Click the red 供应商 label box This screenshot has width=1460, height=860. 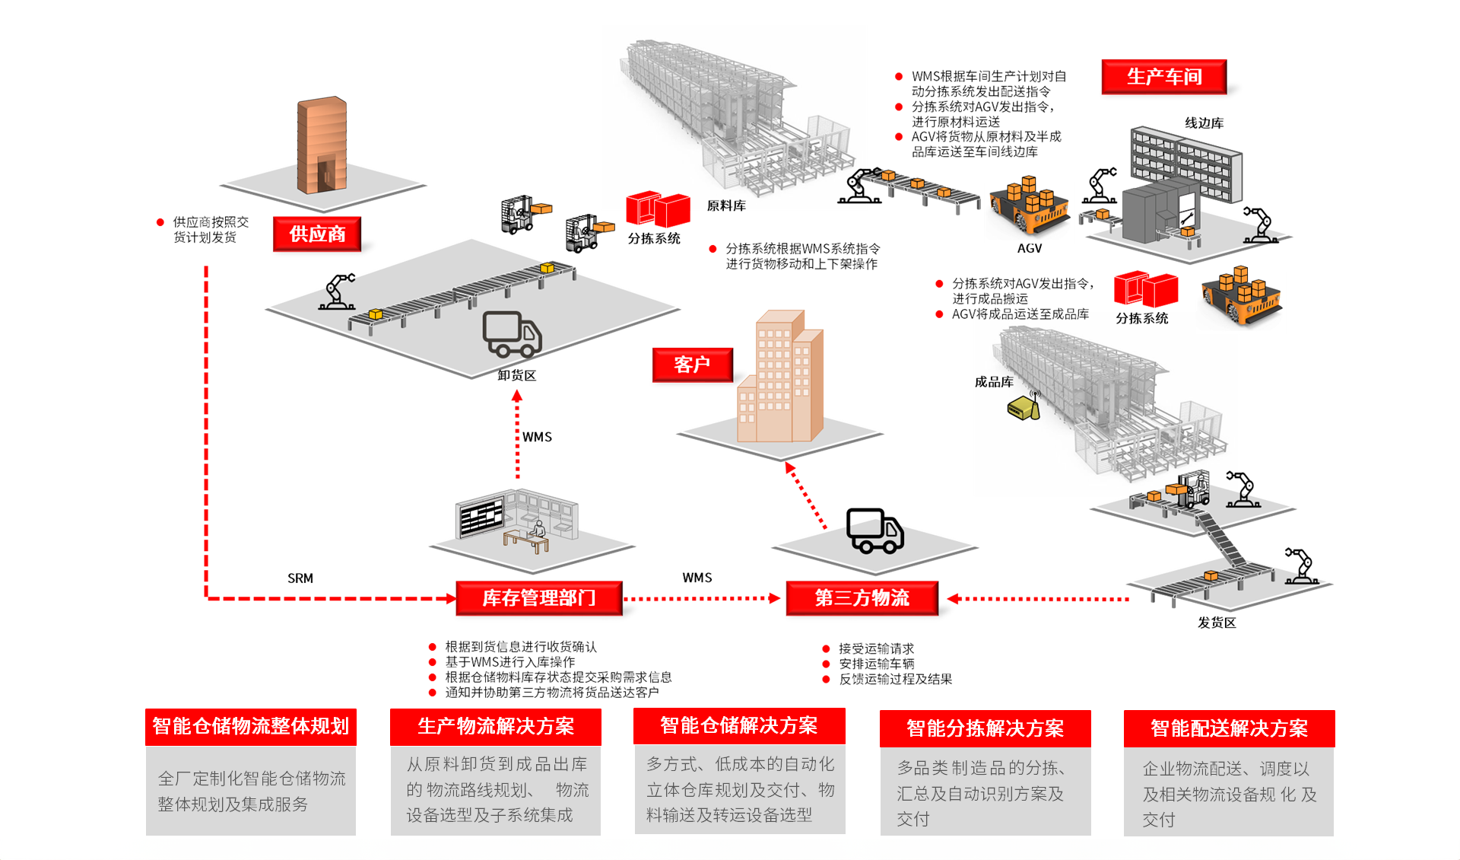coord(317,234)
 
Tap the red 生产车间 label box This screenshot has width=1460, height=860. coord(1163,77)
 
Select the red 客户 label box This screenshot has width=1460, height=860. coord(692,365)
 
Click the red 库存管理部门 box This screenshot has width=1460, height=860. coord(539,598)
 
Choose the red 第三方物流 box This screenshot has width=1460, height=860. coord(862,598)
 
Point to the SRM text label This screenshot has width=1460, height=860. coord(300,578)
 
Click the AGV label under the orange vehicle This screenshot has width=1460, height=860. coord(1030,248)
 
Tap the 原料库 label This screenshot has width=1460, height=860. coord(726,205)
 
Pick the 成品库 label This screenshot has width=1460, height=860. coord(994,382)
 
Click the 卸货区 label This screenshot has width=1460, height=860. coord(517,375)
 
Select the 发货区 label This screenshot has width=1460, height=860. coord(1217,623)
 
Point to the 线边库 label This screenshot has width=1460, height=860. coord(1204,123)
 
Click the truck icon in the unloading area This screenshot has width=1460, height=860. coord(512,335)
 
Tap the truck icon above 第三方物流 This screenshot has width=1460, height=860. coord(875,530)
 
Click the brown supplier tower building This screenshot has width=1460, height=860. coord(322,145)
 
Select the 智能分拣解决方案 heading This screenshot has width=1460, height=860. coord(985,728)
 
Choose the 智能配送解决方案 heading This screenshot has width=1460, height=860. coord(1229,728)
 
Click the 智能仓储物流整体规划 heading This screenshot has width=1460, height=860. coord(251,726)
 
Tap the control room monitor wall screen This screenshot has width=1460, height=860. coord(481,517)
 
